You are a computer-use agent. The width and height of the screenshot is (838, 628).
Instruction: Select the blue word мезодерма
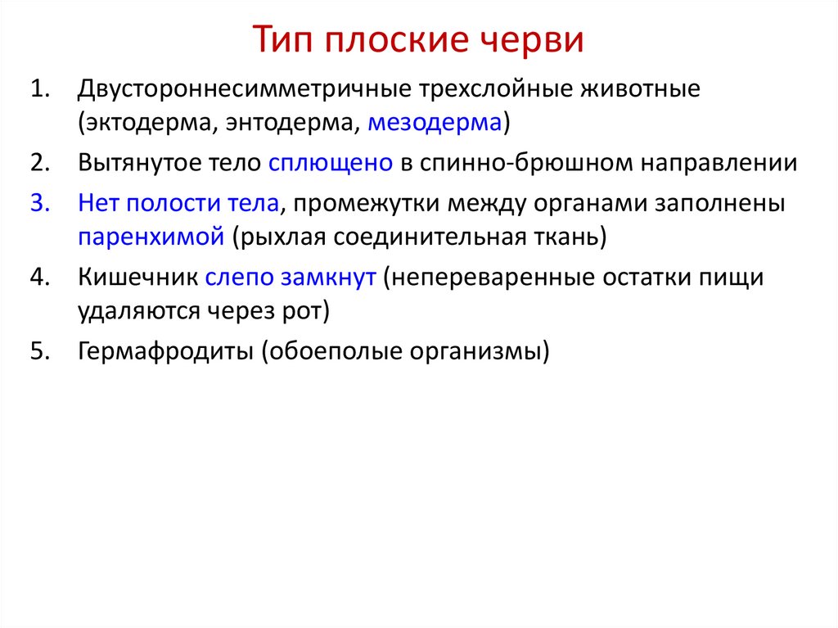click(x=434, y=123)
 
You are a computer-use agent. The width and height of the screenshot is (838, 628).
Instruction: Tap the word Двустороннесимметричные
click(x=244, y=88)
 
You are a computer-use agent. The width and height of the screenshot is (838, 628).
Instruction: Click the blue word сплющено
click(x=331, y=162)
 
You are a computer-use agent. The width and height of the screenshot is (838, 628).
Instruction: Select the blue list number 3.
click(x=41, y=202)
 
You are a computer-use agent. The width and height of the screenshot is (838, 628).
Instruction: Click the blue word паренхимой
click(x=151, y=237)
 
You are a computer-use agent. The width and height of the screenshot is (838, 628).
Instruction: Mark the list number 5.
click(x=41, y=352)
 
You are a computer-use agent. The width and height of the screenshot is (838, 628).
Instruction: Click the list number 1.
click(x=41, y=88)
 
